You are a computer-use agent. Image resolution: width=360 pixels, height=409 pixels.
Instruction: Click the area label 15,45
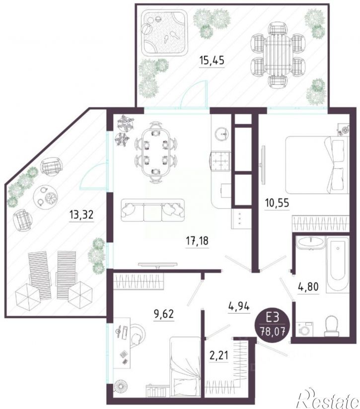click(212, 61)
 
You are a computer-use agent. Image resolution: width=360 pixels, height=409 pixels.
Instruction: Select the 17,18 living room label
click(197, 241)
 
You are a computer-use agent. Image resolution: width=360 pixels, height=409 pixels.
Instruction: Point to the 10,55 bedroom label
click(277, 203)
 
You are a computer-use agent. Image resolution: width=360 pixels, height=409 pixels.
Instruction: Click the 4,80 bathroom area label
click(308, 287)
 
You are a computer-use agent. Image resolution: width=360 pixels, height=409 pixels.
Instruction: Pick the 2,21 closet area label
click(218, 355)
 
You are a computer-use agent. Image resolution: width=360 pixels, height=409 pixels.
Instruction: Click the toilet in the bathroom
click(332, 326)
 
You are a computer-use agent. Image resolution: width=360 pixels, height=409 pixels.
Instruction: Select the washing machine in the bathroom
click(304, 329)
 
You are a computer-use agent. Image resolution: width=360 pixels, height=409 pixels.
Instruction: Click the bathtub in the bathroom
click(338, 264)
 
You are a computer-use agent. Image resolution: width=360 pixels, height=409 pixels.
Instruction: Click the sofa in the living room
click(153, 210)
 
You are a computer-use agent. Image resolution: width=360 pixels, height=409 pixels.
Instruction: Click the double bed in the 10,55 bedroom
click(317, 165)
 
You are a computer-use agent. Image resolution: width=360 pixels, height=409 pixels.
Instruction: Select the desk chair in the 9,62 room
click(137, 335)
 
